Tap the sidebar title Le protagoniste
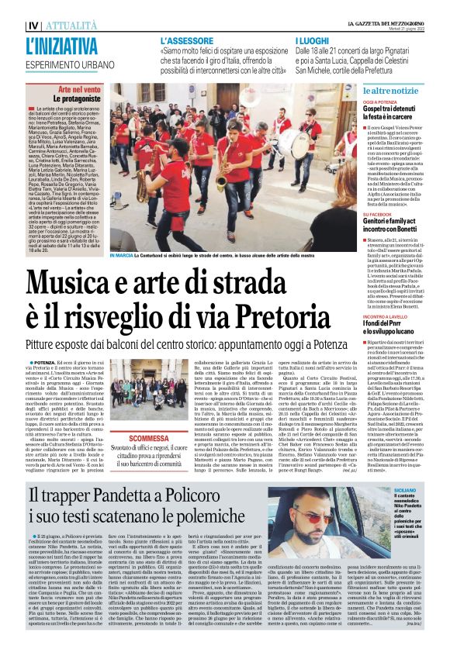[x=74, y=99]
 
